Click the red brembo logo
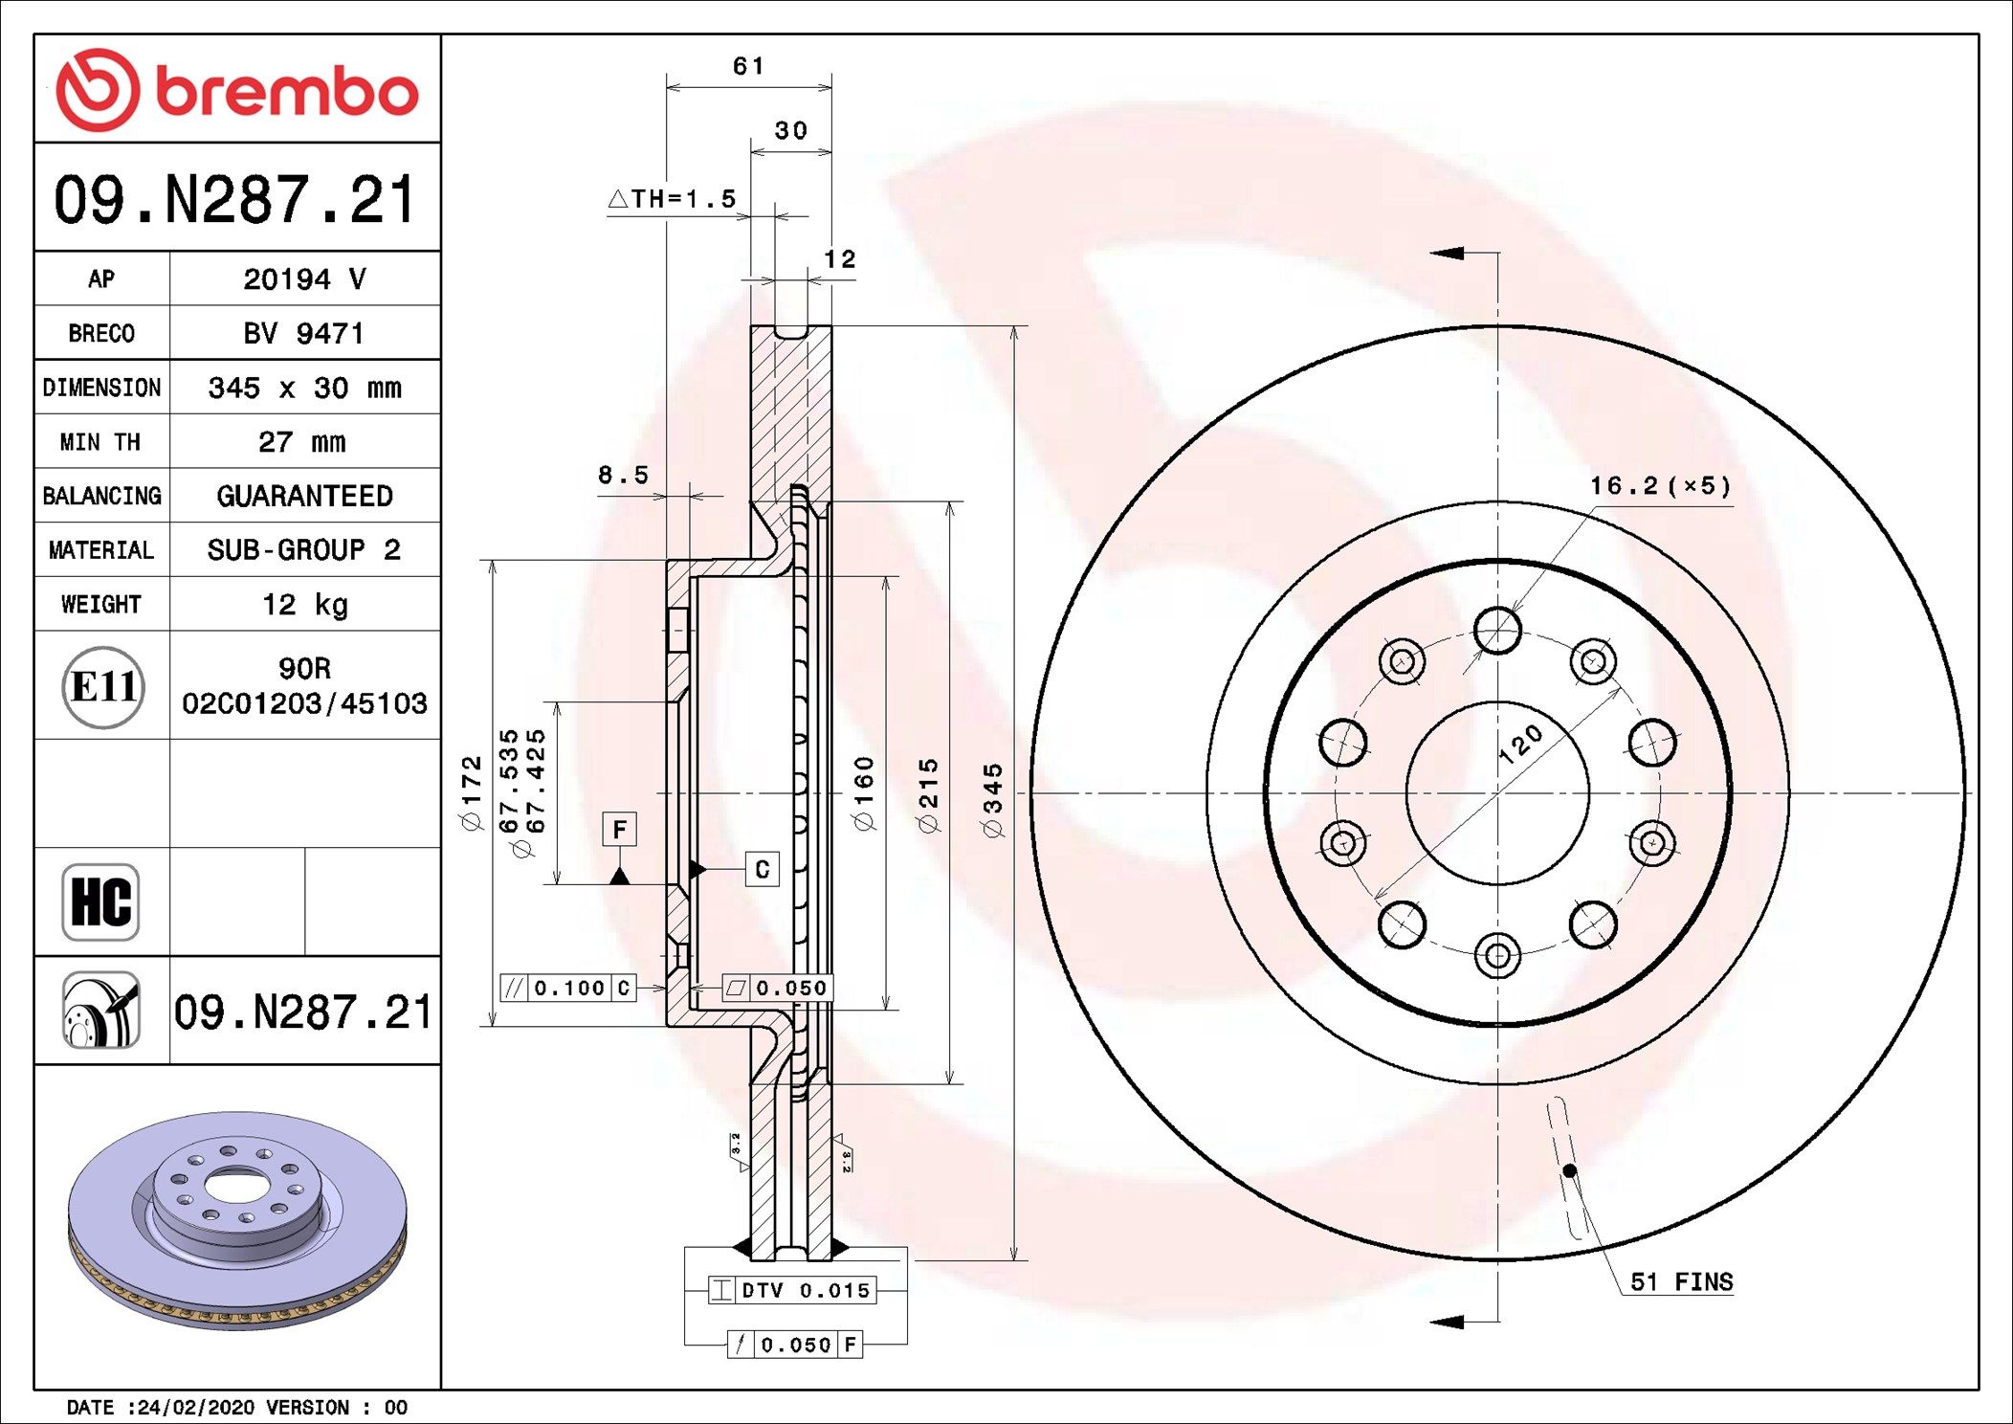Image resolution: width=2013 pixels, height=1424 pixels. (x=237, y=90)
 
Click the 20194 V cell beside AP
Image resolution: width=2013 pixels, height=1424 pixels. (x=304, y=279)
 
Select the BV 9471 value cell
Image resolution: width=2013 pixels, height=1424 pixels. (x=304, y=334)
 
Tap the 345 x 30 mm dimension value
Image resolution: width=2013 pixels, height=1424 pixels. (x=304, y=388)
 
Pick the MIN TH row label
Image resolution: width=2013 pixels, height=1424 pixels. (x=100, y=442)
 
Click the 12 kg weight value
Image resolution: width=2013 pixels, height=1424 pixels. (x=304, y=605)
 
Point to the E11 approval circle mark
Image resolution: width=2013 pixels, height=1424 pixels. (x=102, y=686)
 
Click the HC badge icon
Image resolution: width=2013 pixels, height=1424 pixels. (x=100, y=901)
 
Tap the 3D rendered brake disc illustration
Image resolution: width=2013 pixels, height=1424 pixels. (x=237, y=1220)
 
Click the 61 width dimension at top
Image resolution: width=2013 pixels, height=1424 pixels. (x=748, y=66)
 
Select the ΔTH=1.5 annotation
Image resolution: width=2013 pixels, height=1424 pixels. (x=674, y=199)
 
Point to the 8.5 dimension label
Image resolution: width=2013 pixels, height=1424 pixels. (x=623, y=475)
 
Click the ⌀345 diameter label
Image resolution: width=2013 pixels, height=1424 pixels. (x=993, y=800)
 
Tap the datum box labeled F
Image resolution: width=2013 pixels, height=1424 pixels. (x=619, y=829)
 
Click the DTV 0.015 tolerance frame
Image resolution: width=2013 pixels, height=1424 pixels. (x=792, y=1290)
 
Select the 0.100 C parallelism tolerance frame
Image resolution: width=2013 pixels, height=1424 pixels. (x=568, y=988)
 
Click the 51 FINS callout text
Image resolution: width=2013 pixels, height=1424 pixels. (x=1681, y=1282)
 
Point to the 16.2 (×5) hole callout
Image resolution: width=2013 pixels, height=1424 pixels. (x=1660, y=486)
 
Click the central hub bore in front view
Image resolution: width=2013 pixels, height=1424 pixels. (x=1497, y=792)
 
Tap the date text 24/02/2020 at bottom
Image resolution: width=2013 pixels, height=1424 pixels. (x=196, y=1407)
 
